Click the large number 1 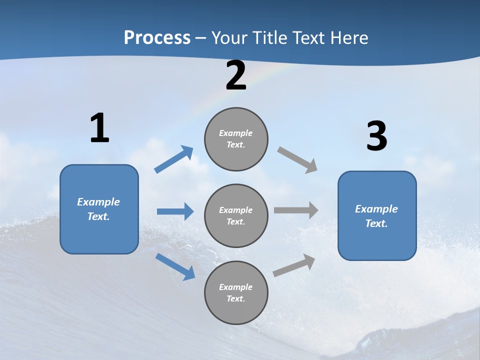99,128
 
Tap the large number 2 236,76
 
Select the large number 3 376,136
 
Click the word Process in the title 157,37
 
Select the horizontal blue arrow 175,211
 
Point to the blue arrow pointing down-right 175,266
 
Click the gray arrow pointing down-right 297,159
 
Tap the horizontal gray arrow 296,210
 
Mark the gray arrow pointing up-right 294,265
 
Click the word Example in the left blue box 98,202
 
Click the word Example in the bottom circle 236,287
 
